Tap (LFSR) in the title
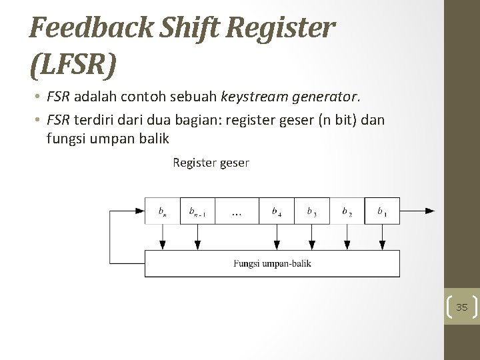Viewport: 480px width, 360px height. click(x=73, y=65)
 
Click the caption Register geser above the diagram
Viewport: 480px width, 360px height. click(x=211, y=162)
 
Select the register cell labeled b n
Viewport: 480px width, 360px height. click(x=163, y=211)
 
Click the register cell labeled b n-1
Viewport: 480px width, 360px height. click(x=198, y=211)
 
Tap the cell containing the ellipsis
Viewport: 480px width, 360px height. click(x=237, y=211)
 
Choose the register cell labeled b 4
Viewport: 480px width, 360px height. click(x=276, y=211)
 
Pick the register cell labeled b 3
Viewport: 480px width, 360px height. click(x=311, y=211)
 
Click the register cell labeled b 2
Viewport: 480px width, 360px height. click(x=347, y=211)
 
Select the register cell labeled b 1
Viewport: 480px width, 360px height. click(x=382, y=211)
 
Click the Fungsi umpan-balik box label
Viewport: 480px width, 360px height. click(x=272, y=263)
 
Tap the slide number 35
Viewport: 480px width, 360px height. click(x=462, y=307)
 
